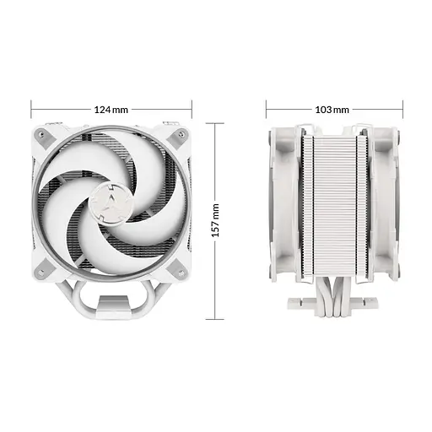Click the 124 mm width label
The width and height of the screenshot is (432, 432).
tap(111, 110)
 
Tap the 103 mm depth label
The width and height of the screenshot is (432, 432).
tap(332, 110)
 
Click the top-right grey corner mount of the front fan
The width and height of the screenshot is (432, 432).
tap(178, 135)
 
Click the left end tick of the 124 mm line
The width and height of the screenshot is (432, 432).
tap(31, 110)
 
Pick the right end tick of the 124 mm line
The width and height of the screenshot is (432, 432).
tap(192, 110)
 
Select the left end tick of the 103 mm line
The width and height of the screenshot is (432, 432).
tap(266, 110)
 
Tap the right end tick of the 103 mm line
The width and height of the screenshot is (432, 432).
tap(402, 110)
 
